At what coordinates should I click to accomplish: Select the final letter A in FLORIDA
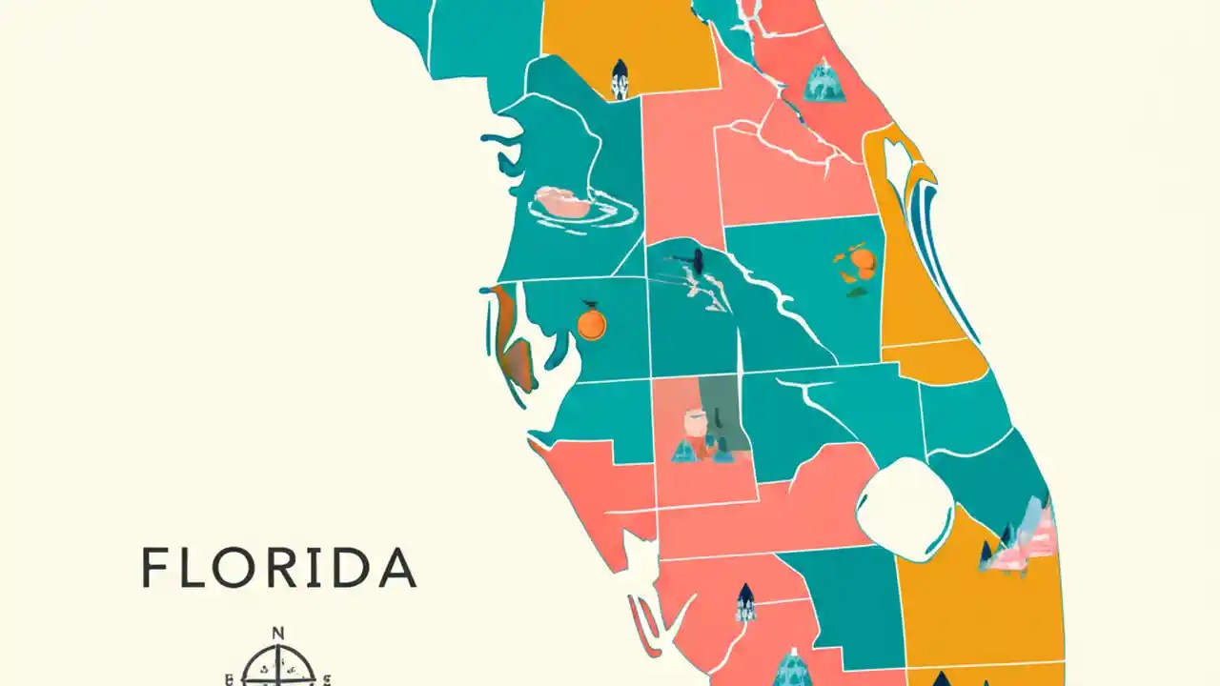398,568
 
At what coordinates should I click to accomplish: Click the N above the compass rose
277,633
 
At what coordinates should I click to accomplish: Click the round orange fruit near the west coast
591,325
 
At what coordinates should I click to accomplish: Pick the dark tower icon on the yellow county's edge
620,78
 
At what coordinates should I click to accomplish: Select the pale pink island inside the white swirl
563,201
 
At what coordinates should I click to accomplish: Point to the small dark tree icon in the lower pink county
745,601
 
